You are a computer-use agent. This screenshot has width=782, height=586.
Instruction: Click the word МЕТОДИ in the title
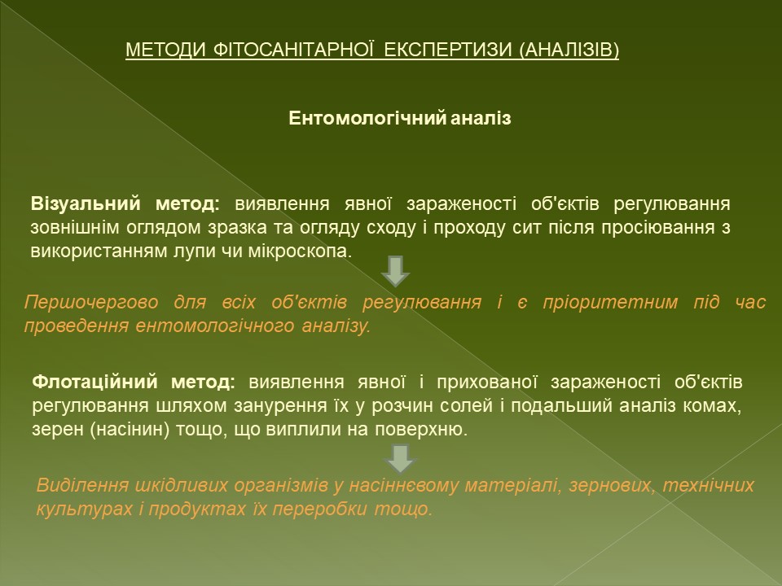coord(165,50)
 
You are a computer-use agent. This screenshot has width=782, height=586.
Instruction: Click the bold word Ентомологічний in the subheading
coord(367,119)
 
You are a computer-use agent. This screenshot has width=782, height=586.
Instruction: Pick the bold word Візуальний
coord(86,203)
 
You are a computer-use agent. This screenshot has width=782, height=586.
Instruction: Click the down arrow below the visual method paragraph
coord(396,272)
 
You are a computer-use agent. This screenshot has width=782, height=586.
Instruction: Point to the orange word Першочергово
coord(91,303)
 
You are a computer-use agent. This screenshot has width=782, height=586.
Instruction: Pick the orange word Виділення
coord(82,485)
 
